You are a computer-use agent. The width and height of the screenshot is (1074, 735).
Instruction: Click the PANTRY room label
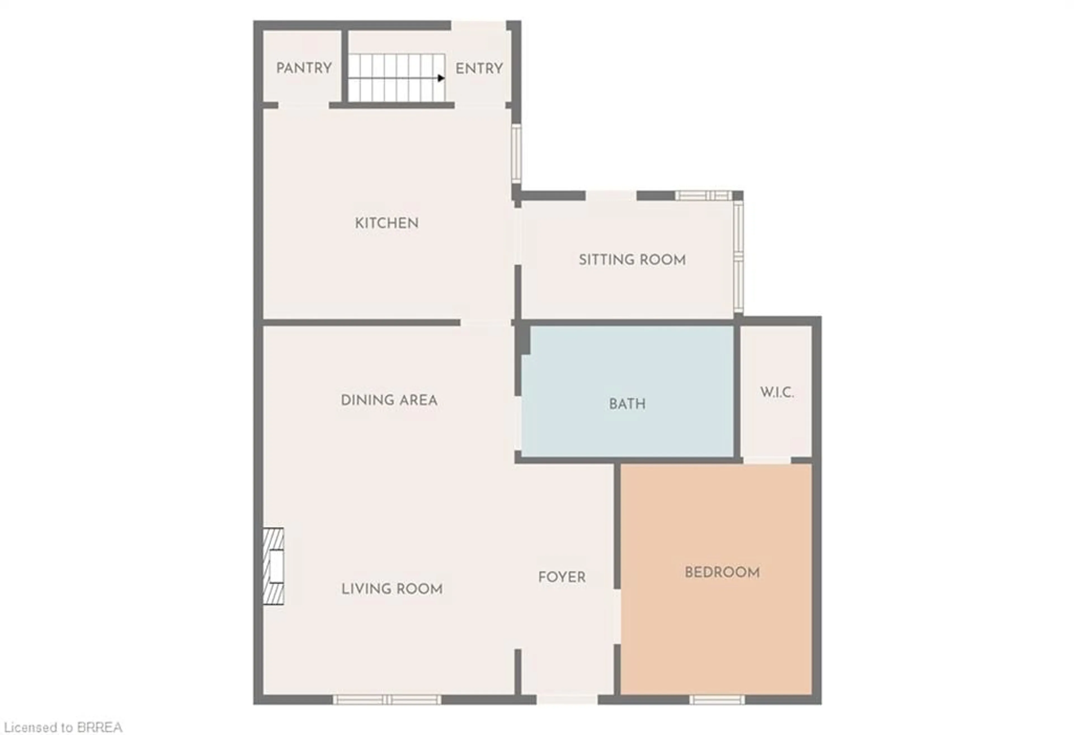click(x=304, y=68)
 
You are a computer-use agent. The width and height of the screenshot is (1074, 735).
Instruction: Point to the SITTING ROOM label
click(x=632, y=260)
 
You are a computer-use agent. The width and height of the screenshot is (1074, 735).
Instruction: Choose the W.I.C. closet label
click(x=777, y=393)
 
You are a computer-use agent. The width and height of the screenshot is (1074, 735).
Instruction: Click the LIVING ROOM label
click(x=392, y=589)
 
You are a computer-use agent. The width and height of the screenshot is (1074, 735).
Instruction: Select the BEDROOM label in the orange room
click(x=722, y=573)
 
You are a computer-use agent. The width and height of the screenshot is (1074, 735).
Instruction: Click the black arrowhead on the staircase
click(x=441, y=78)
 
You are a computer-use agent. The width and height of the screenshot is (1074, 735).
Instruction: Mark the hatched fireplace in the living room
click(x=273, y=566)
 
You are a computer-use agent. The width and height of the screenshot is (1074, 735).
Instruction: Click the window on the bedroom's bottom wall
click(x=717, y=700)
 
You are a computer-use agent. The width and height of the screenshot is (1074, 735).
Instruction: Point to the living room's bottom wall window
click(x=387, y=700)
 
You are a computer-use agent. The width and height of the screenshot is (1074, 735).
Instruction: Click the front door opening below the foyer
click(x=567, y=700)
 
